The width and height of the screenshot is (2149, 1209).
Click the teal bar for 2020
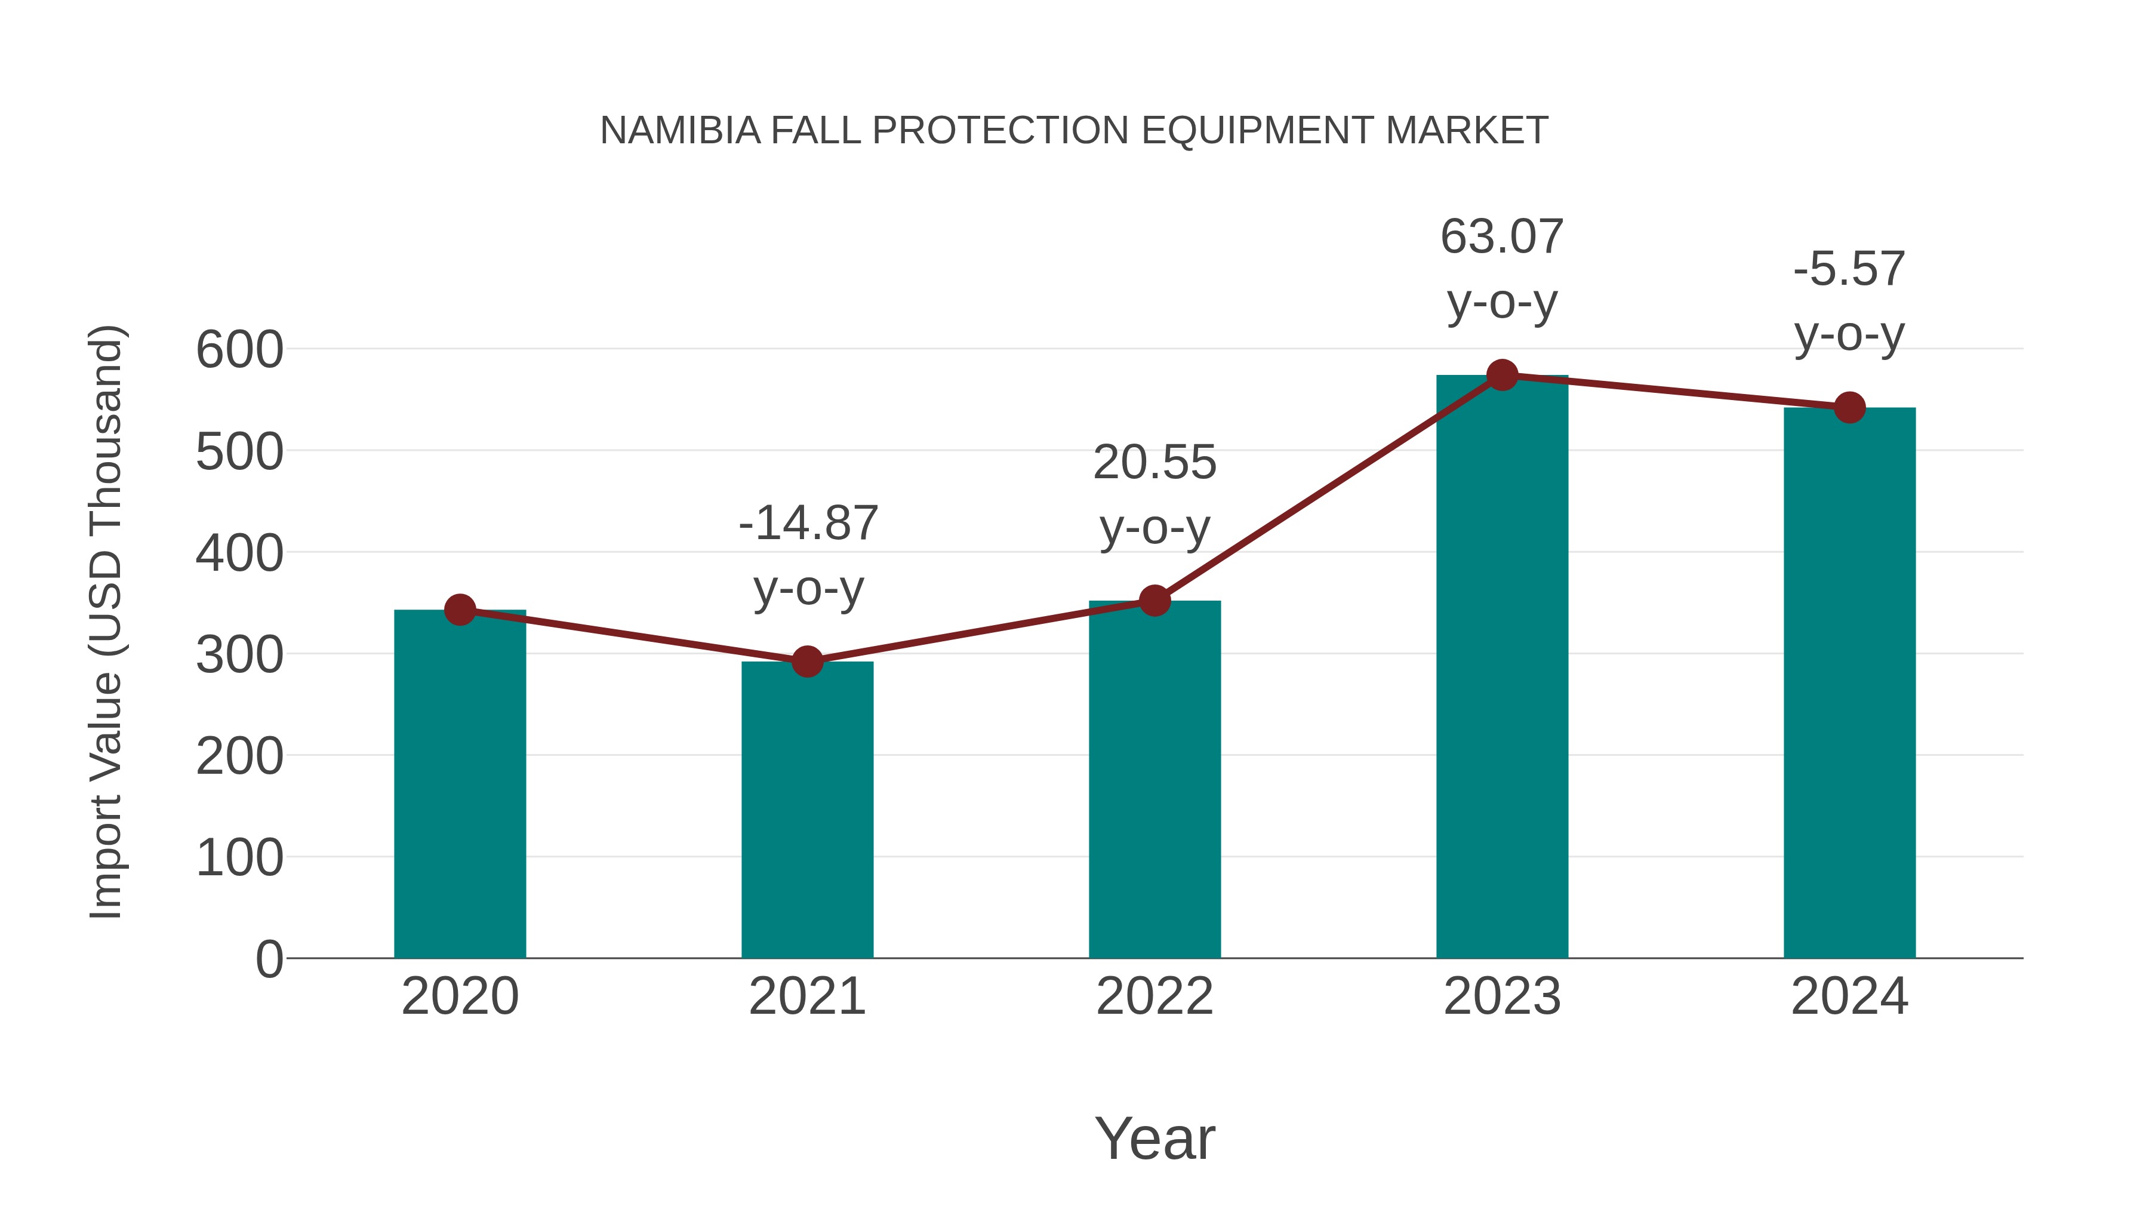460,785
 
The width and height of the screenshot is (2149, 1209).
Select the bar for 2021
806,810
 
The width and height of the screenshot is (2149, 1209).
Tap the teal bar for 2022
1154,780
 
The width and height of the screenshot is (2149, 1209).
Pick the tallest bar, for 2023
1502,667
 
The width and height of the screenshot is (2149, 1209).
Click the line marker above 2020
460,610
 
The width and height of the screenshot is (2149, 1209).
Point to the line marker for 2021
806,662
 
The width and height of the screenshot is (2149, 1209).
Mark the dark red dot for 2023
1502,376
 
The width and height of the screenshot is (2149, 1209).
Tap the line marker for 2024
1849,407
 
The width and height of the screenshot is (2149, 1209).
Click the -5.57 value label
1849,269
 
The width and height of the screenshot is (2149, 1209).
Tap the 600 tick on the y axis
239,350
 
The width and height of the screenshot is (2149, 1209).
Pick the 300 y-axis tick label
239,655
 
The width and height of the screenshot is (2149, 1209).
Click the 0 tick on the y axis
269,959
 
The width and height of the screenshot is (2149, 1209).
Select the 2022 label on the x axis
1154,996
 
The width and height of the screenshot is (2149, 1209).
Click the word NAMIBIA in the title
680,131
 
